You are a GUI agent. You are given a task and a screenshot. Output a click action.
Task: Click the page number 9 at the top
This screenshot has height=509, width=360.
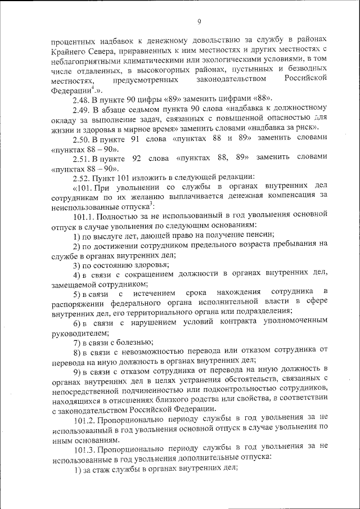point(199,22)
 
